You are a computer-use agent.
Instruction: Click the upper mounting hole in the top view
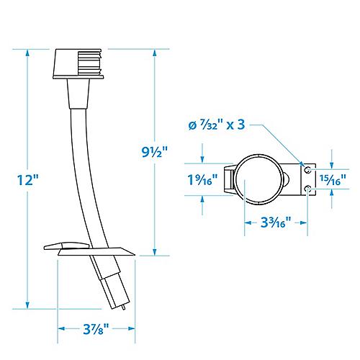tap(307, 168)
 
